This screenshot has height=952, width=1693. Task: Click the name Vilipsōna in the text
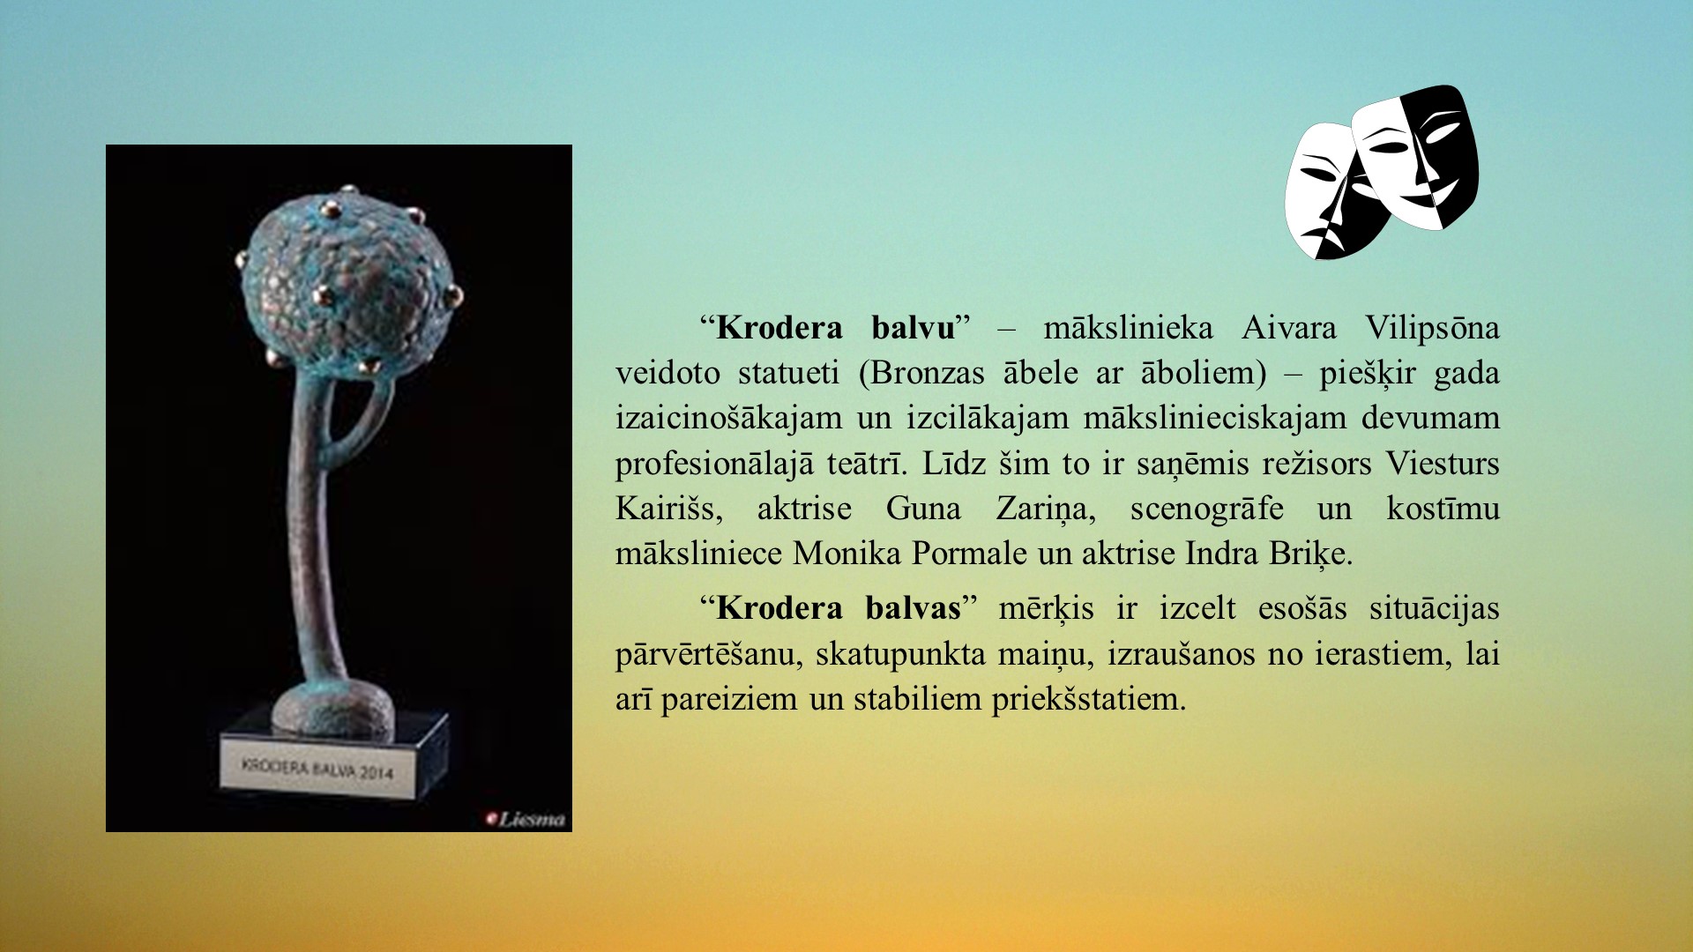tap(1432, 328)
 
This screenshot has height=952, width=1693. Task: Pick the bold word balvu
tap(914, 328)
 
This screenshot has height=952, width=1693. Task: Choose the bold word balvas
tap(913, 608)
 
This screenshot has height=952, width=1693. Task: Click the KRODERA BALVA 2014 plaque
tap(318, 769)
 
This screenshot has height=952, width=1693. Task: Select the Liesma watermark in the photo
tap(526, 819)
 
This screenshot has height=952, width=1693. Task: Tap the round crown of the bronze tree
tap(348, 279)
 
